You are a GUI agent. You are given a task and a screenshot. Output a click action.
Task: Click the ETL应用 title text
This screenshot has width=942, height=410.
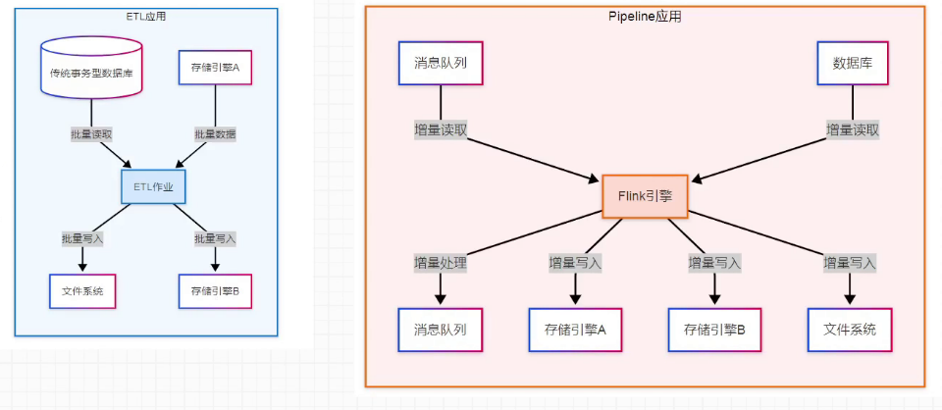(x=146, y=17)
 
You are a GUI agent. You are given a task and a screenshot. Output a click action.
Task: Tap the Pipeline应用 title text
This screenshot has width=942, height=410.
(x=645, y=17)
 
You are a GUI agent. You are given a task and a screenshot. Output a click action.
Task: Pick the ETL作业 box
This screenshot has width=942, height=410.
(x=153, y=186)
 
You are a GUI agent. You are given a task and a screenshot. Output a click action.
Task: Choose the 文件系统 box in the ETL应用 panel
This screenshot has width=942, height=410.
(x=82, y=291)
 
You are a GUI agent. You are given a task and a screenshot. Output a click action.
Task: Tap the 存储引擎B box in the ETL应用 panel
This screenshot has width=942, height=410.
(x=216, y=291)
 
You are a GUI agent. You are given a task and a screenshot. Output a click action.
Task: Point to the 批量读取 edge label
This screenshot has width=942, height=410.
(x=91, y=133)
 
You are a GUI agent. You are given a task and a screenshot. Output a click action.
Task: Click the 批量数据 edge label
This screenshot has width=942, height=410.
(x=215, y=133)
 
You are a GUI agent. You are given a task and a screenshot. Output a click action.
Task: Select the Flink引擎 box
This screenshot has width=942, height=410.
(x=645, y=195)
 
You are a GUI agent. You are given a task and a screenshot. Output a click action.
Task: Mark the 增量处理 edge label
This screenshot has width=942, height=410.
(x=440, y=263)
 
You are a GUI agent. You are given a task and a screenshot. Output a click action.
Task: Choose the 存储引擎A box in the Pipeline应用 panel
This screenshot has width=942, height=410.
(x=574, y=330)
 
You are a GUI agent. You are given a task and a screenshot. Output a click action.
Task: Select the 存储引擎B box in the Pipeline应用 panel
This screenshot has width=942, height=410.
(x=714, y=330)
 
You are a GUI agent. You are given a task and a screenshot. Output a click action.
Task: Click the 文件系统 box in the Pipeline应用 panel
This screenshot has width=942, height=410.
(x=850, y=330)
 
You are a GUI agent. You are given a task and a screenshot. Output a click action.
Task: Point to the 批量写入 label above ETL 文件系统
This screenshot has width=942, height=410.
(x=82, y=238)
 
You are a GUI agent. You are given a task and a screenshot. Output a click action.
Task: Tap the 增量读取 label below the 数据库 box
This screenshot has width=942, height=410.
(x=852, y=129)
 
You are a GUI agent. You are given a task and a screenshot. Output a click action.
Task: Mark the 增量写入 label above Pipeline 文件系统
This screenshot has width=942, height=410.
(x=850, y=263)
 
